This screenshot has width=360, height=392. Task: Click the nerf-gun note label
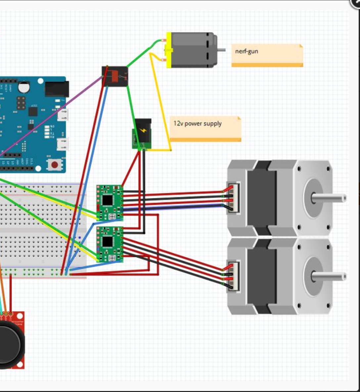(267, 55)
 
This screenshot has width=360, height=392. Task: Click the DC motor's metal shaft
(221, 50)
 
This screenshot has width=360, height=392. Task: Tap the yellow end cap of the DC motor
(169, 50)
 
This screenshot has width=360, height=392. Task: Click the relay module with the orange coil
(115, 76)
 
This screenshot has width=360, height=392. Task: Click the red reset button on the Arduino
(55, 165)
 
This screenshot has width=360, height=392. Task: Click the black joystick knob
(8, 344)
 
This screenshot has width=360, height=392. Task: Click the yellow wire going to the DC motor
(161, 99)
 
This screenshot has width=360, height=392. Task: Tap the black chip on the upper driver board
(108, 200)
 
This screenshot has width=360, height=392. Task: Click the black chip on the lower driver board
(108, 242)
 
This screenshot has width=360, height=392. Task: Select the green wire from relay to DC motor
(142, 53)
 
